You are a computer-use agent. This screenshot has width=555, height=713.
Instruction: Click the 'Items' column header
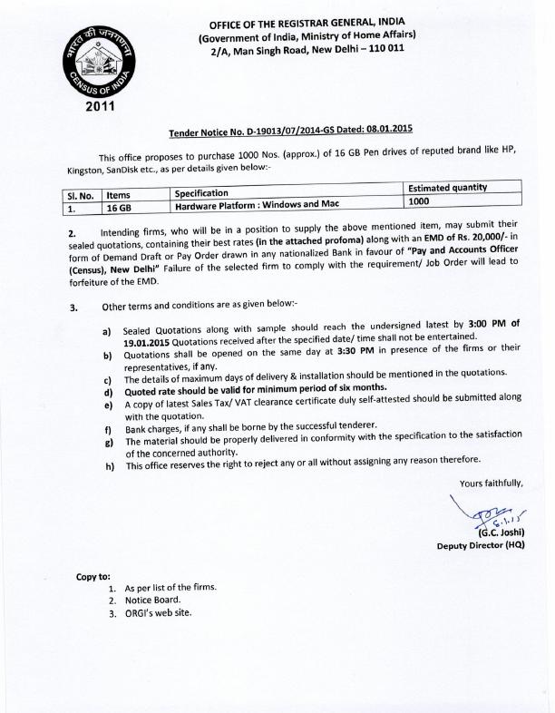pos(119,193)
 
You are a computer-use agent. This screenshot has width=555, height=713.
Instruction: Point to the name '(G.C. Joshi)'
pos(495,532)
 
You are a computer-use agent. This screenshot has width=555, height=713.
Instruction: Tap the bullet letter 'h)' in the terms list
pos(110,465)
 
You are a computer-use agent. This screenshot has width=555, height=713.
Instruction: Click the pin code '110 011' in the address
pos(386,47)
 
